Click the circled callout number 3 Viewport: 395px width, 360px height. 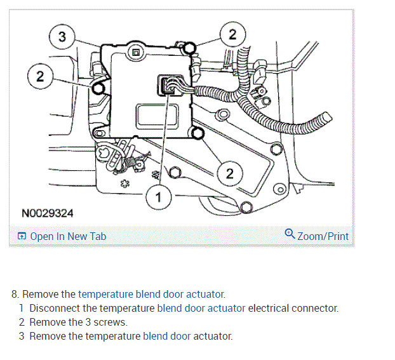point(62,37)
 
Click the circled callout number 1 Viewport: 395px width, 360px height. point(159,198)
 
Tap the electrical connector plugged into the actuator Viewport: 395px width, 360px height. point(170,86)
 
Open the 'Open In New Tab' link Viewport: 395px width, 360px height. point(68,236)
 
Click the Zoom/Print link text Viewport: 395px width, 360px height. point(323,236)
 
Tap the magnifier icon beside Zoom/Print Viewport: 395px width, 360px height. point(290,234)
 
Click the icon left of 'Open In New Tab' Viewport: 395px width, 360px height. point(22,237)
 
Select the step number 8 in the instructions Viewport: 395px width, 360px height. point(15,294)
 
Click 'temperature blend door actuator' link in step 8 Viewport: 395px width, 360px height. point(151,294)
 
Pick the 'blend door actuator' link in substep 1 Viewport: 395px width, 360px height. point(201,308)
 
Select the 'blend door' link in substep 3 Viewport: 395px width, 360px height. point(166,336)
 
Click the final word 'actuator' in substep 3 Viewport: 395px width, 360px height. point(213,336)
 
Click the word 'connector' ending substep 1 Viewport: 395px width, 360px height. point(316,308)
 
